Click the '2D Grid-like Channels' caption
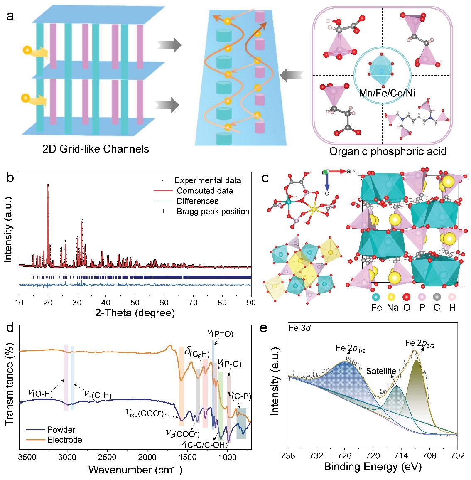coord(96,149)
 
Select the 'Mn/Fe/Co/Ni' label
coord(387,93)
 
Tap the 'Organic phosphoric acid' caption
coord(388,151)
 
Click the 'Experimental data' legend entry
coord(207,180)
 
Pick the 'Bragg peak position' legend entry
coord(213,211)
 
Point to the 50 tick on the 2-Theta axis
coord(135,303)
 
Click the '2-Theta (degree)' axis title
coord(135,313)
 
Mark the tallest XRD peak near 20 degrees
coord(48,186)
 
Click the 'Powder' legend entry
coord(61,430)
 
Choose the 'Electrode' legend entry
coord(64,440)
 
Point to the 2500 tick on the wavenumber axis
coord(107,457)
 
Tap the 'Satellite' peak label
coord(381,371)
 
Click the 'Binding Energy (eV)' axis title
coord(373,467)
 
